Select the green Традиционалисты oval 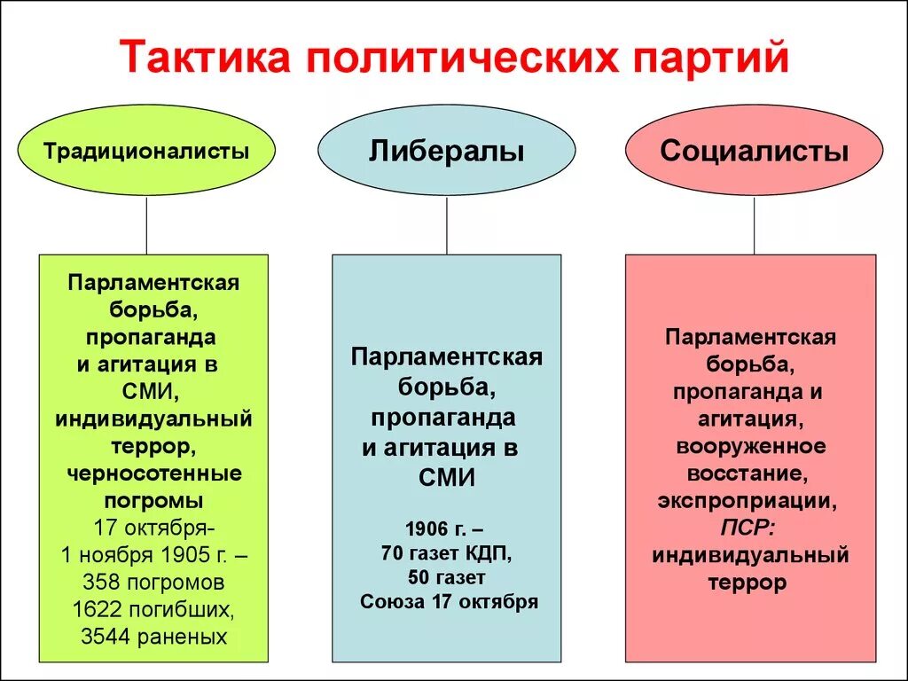[146, 152]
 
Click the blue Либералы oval [446, 152]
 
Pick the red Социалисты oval [754, 152]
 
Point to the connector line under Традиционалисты [146, 225]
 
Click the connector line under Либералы [447, 225]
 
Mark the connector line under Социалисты [755, 225]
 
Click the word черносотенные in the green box [154, 474]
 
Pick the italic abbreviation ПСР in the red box [744, 528]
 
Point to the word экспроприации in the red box [747, 501]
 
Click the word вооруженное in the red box [750, 446]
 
